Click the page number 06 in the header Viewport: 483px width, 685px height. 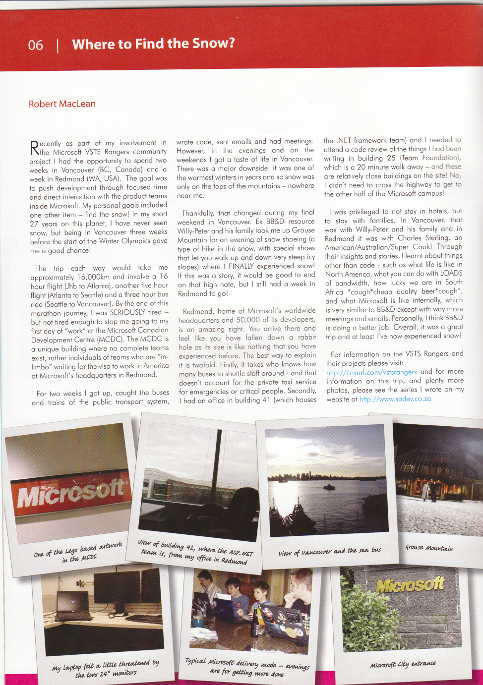(x=36, y=45)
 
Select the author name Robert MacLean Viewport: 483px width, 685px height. (x=62, y=104)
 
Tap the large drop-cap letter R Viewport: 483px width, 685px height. (x=34, y=148)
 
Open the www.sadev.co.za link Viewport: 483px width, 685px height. (x=395, y=399)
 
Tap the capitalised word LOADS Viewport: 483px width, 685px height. (x=451, y=273)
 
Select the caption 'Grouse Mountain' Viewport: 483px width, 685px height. (x=428, y=548)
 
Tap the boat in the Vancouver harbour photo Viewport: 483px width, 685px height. (x=329, y=487)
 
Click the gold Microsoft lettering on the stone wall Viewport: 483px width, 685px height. (x=410, y=585)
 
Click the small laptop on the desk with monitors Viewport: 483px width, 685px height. (x=73, y=606)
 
